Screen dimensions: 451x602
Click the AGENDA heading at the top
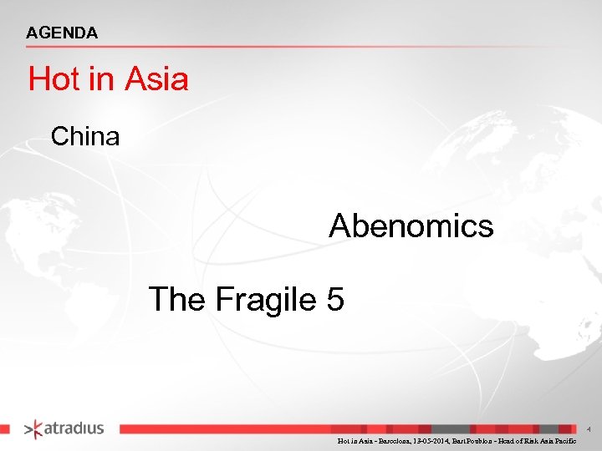62,33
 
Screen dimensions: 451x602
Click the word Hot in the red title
54,80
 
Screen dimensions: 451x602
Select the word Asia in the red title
157,80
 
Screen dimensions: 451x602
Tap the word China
85,136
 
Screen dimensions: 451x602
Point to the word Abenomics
411,225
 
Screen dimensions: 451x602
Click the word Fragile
266,298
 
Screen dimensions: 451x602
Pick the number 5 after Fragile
335,298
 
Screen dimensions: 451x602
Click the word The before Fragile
176,298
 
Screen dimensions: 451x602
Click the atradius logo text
74,428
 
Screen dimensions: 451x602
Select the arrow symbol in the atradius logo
32,429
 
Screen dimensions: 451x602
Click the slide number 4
589,429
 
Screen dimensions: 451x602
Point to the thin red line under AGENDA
251,47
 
